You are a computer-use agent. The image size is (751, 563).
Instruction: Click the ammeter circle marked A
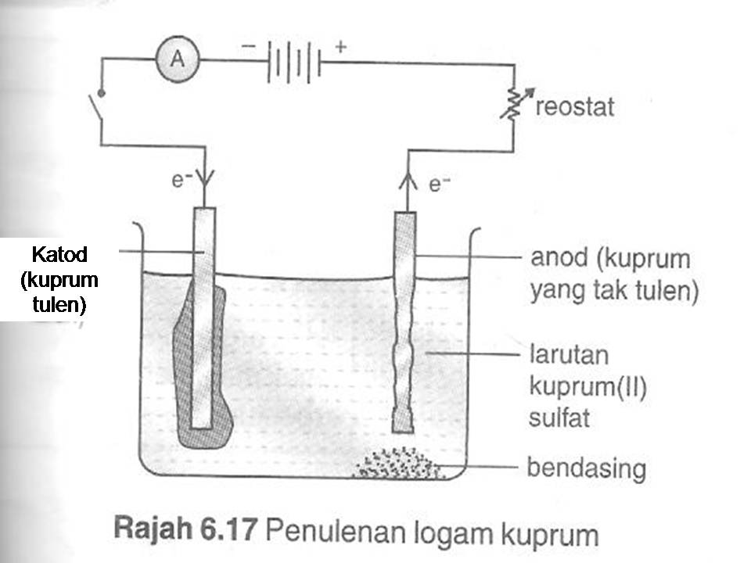(x=177, y=59)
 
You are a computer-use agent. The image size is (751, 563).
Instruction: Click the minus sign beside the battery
(x=248, y=46)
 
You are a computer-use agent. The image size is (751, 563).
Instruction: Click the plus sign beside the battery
(x=340, y=46)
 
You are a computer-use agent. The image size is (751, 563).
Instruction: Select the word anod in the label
(x=557, y=258)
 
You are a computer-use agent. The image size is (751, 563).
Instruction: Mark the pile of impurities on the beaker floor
(x=395, y=464)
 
